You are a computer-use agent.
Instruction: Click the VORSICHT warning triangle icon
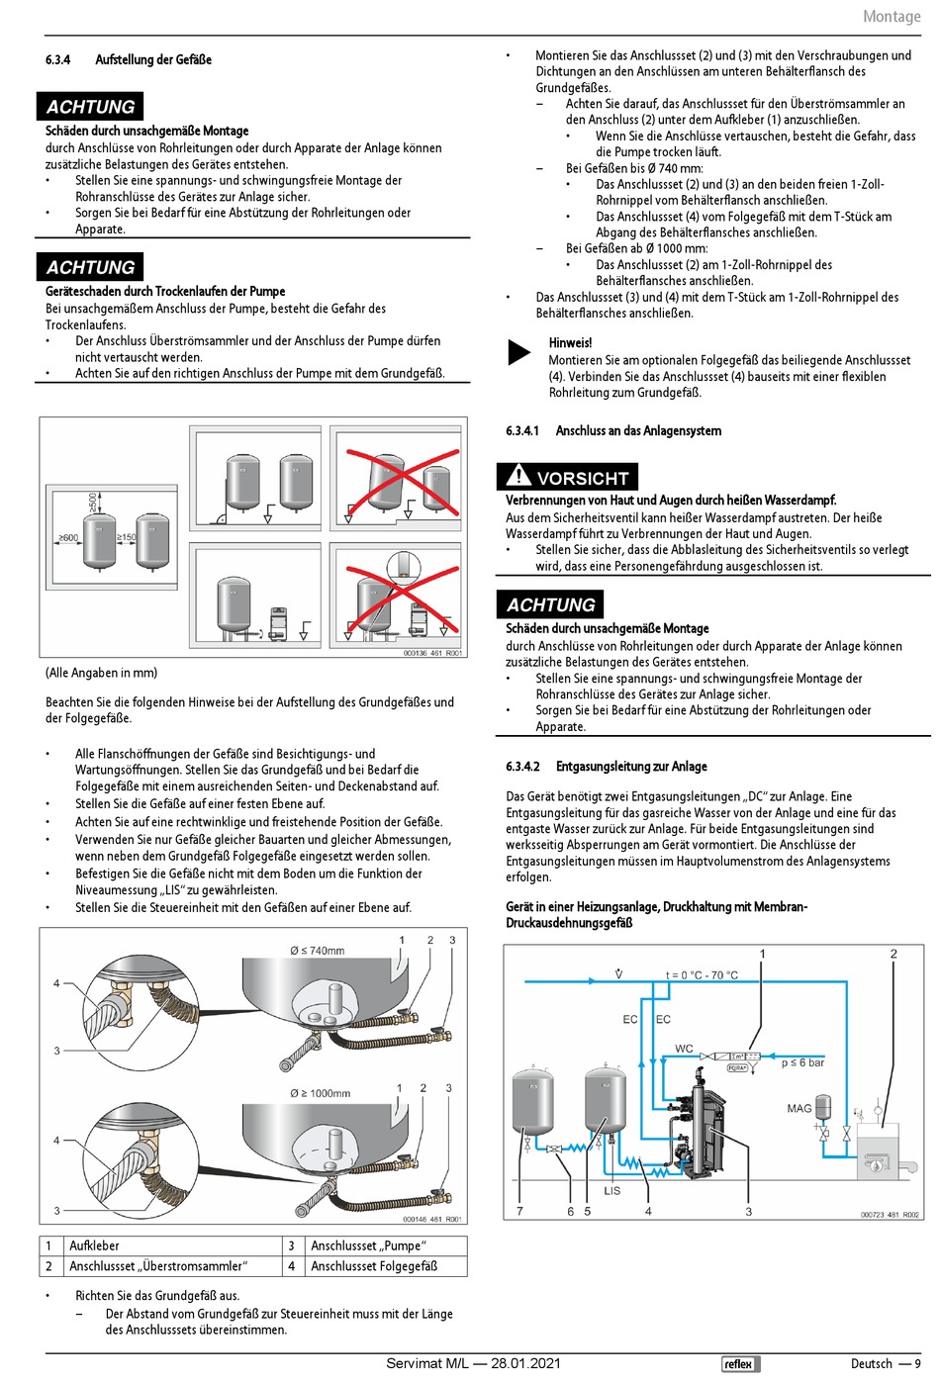point(517,476)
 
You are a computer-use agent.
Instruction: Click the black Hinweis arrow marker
point(518,351)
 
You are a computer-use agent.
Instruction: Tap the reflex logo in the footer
point(737,1363)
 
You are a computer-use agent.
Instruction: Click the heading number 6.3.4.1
point(522,430)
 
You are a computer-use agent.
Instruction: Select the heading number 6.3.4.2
point(522,766)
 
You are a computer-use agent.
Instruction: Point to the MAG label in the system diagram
point(799,1108)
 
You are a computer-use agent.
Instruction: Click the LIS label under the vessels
point(612,1190)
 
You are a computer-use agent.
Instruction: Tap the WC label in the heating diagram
point(684,1049)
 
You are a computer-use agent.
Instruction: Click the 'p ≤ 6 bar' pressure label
point(802,1062)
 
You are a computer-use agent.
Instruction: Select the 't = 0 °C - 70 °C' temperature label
point(701,974)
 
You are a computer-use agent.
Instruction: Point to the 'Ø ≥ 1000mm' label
point(320,1093)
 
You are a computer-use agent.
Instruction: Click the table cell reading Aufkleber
point(94,1245)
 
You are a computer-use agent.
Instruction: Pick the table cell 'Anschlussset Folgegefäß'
point(374,1265)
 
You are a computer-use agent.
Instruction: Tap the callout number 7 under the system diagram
point(519,1211)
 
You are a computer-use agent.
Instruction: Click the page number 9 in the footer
point(917,1363)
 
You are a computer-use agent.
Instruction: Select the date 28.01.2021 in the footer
point(525,1363)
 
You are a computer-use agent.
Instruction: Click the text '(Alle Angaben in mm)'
point(101,673)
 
